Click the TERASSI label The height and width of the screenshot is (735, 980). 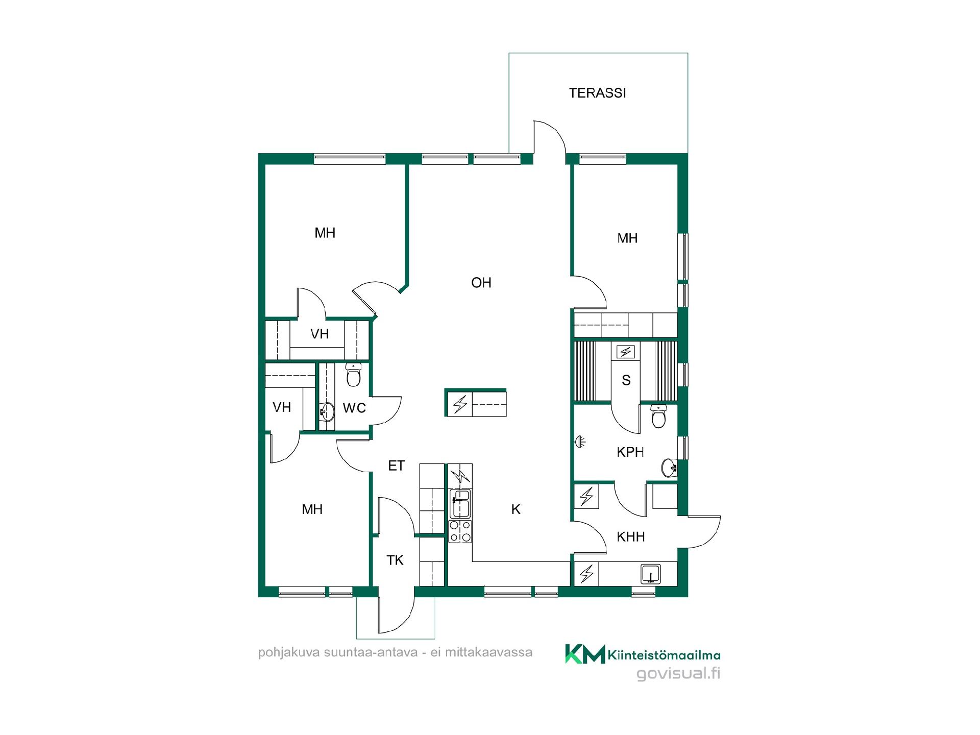pos(597,93)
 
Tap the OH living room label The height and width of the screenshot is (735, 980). pos(481,283)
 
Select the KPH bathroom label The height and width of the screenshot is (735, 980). pos(630,452)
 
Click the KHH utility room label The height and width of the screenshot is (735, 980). pos(630,537)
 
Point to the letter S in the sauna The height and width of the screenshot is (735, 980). pos(626,380)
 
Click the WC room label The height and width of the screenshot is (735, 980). pos(354,408)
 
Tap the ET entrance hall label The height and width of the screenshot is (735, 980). pos(396,465)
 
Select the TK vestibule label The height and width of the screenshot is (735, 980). pos(395,560)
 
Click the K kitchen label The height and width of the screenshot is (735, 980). pos(516,509)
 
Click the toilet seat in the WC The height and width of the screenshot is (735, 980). pos(353,376)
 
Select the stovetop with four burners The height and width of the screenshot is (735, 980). pos(460,531)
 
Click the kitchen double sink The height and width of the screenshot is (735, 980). pos(460,503)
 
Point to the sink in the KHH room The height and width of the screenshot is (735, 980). pos(650,574)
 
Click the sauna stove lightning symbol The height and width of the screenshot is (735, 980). pos(626,352)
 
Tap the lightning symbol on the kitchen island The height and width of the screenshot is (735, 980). pos(460,405)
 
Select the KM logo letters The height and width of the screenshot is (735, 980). pos(584,654)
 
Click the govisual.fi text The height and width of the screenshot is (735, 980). pos(678,674)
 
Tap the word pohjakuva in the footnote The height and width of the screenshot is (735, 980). pos(288,653)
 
